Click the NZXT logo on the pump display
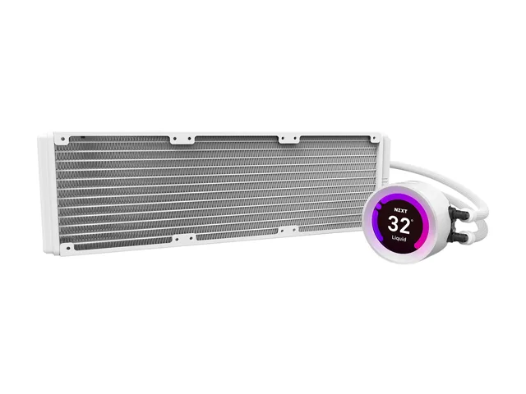coord(400,211)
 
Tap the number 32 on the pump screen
coord(399,225)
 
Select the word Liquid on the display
coord(399,239)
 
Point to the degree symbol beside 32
coord(412,220)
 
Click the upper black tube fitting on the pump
coord(457,213)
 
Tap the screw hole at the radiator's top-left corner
coord(62,139)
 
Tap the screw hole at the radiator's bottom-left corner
coord(68,248)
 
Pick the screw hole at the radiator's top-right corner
coord(373,138)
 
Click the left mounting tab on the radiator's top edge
coord(182,140)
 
